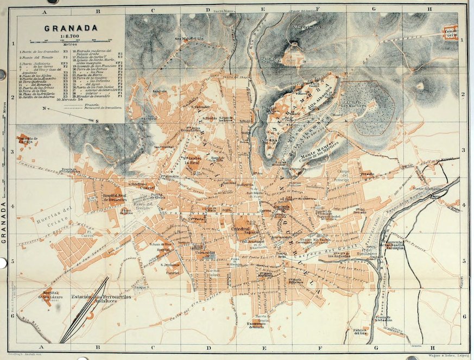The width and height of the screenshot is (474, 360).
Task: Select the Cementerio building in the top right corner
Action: pos(451,33)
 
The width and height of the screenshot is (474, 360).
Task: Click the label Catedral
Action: pos(239,230)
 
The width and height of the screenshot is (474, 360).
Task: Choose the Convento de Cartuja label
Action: pos(28,140)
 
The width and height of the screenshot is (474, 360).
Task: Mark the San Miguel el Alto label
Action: pos(188,39)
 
